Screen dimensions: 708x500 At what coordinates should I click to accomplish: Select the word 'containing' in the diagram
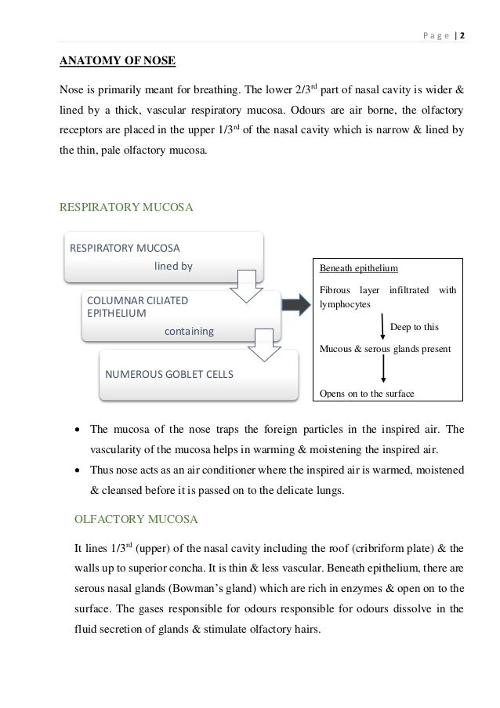coord(188,332)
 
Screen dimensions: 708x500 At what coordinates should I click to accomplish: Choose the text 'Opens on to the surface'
coord(365,394)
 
